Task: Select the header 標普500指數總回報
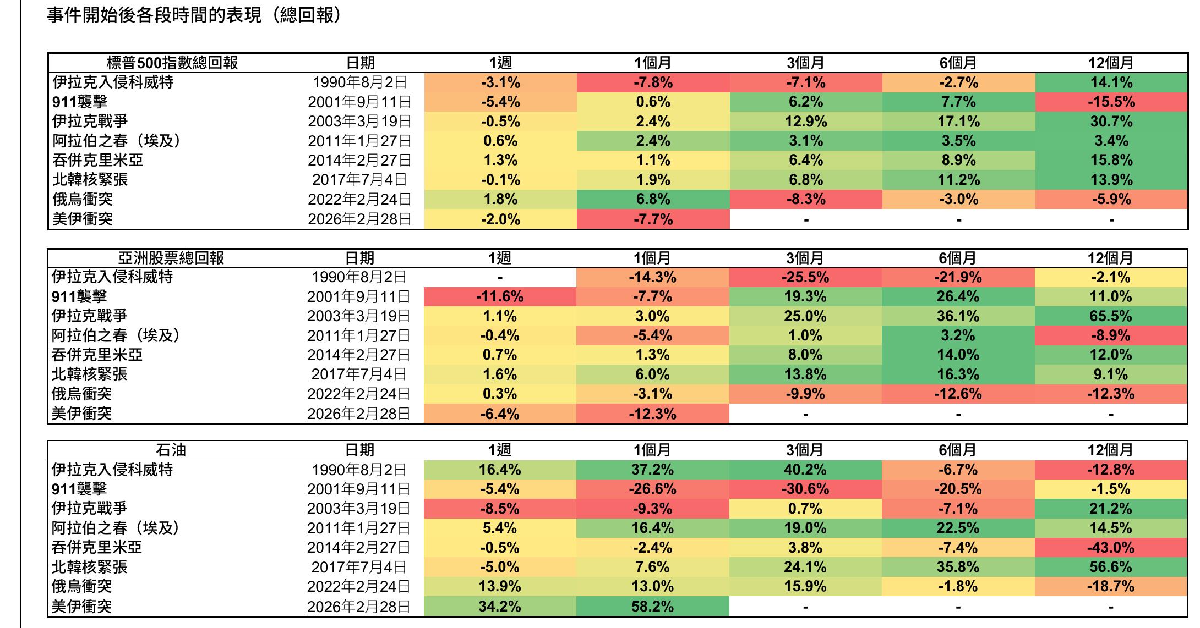point(172,63)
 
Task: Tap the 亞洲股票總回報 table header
point(171,257)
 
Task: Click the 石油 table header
point(171,450)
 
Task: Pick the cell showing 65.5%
point(1111,316)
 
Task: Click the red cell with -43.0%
point(1111,548)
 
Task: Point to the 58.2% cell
point(652,607)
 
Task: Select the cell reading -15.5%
point(1111,102)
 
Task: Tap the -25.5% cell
point(805,277)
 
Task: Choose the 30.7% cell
point(1111,122)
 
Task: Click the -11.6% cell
point(500,297)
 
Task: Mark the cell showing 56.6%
point(1111,567)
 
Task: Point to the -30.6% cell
point(805,489)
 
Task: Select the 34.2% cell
point(500,607)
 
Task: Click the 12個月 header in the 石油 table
point(1110,450)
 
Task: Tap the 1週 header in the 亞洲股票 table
point(500,257)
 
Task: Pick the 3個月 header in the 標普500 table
point(806,63)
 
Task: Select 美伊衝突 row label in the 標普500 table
point(83,219)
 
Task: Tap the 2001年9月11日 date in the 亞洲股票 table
point(359,297)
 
